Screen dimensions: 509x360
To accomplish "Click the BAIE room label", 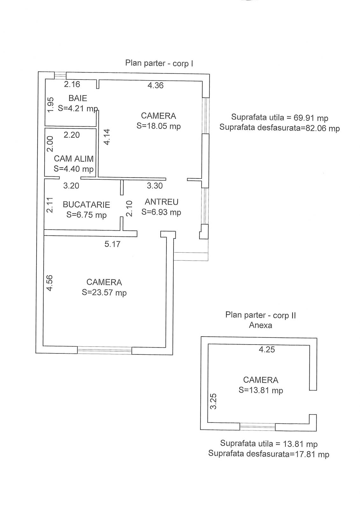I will [x=78, y=98].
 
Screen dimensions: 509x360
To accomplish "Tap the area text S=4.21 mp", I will [x=78, y=108].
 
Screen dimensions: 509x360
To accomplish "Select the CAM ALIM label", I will [x=74, y=158].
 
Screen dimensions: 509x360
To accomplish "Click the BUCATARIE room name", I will [x=86, y=205].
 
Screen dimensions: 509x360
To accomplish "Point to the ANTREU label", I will [x=161, y=202].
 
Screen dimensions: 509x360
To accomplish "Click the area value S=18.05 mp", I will [x=159, y=126].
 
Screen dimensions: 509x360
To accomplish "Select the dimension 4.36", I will [x=155, y=85].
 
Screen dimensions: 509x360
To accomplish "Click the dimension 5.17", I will [x=112, y=244].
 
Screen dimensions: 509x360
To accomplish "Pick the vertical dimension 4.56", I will [x=50, y=283].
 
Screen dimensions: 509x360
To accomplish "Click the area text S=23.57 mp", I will [x=104, y=292].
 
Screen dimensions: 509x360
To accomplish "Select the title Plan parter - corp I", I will [x=159, y=63].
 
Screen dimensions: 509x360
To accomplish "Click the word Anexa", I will [x=260, y=325].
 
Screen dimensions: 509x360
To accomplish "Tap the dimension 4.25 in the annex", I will [x=267, y=349].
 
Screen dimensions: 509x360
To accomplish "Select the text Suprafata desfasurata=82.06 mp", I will [x=279, y=128].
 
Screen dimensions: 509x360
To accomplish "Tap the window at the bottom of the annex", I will [x=257, y=427].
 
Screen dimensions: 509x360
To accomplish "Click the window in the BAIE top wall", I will [x=60, y=75].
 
